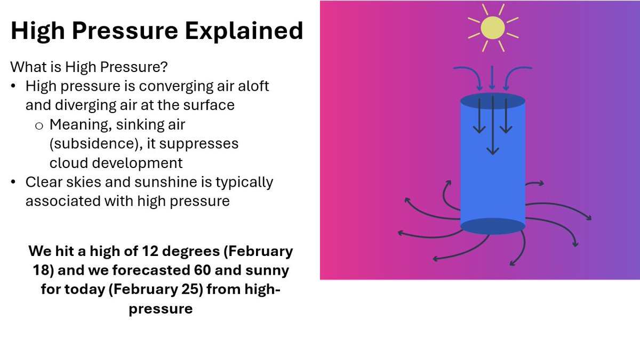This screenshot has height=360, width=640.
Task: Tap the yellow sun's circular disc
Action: [492, 28]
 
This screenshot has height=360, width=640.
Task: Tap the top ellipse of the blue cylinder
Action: [492, 101]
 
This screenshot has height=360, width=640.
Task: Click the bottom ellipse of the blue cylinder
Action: [492, 226]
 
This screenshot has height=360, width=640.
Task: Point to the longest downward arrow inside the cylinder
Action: [493, 125]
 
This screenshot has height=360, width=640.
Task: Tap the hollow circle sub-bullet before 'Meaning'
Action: [38, 126]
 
